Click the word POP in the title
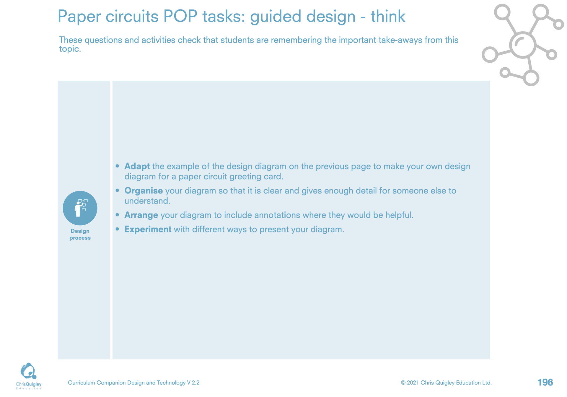[x=180, y=16]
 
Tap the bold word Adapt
[x=137, y=167]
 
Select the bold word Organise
[x=144, y=191]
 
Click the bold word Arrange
[x=141, y=215]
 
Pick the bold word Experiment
[x=148, y=229]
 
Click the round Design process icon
[x=80, y=208]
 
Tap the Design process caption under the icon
[x=80, y=234]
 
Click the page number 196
[x=545, y=383]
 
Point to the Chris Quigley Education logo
[x=29, y=376]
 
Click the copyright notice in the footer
[x=446, y=383]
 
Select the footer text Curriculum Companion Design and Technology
[x=127, y=383]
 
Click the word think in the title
[x=388, y=16]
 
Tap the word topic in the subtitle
[x=69, y=49]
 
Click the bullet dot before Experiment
[x=118, y=229]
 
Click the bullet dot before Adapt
[x=118, y=166]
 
